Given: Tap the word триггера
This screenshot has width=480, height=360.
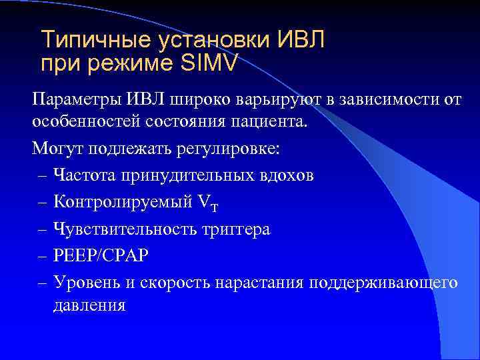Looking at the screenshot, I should click(237, 229).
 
